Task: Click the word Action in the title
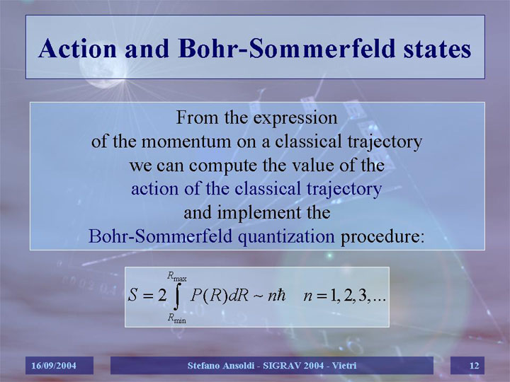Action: coord(77,49)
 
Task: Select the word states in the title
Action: coord(438,50)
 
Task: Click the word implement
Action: coord(259,213)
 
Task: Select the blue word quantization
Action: coord(286,237)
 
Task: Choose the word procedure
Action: coord(382,237)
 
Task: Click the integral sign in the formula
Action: coord(176,296)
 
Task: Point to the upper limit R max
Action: coord(177,277)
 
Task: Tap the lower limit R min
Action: coord(177,318)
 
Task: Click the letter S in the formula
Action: coord(132,295)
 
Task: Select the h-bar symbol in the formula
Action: coord(281,295)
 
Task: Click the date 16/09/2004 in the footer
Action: coord(54,366)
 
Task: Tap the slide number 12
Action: coord(475,366)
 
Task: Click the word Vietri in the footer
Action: coord(344,366)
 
